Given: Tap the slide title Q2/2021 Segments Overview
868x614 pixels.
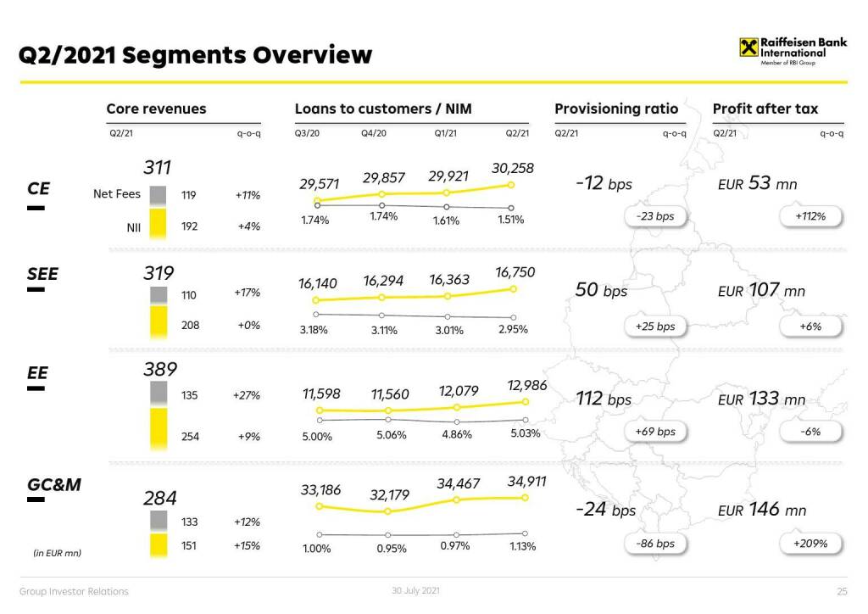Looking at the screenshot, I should (x=196, y=55).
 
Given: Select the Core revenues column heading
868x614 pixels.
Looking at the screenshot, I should (x=156, y=109).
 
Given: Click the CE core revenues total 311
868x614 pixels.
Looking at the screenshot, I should (x=157, y=168).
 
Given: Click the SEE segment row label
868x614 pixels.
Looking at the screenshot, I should (x=42, y=274).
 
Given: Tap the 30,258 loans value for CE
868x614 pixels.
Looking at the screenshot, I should (x=513, y=168).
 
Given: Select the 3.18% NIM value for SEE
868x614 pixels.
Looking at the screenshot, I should (x=314, y=330).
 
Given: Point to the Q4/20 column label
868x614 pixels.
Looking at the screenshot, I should (x=374, y=133).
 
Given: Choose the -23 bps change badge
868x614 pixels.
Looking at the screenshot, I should (x=654, y=216).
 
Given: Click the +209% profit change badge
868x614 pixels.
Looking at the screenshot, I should (x=810, y=544).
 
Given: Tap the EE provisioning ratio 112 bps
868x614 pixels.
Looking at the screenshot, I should (x=604, y=399).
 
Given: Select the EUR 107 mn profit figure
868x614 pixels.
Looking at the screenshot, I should (x=761, y=290).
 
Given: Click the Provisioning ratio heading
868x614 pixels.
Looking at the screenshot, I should (x=616, y=109).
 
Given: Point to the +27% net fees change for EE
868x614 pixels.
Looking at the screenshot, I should (x=247, y=395).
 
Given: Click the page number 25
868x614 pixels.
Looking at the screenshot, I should (x=842, y=591).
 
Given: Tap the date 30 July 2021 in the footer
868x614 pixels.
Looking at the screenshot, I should (x=415, y=590).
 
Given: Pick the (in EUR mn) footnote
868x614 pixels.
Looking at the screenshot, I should (x=57, y=553).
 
